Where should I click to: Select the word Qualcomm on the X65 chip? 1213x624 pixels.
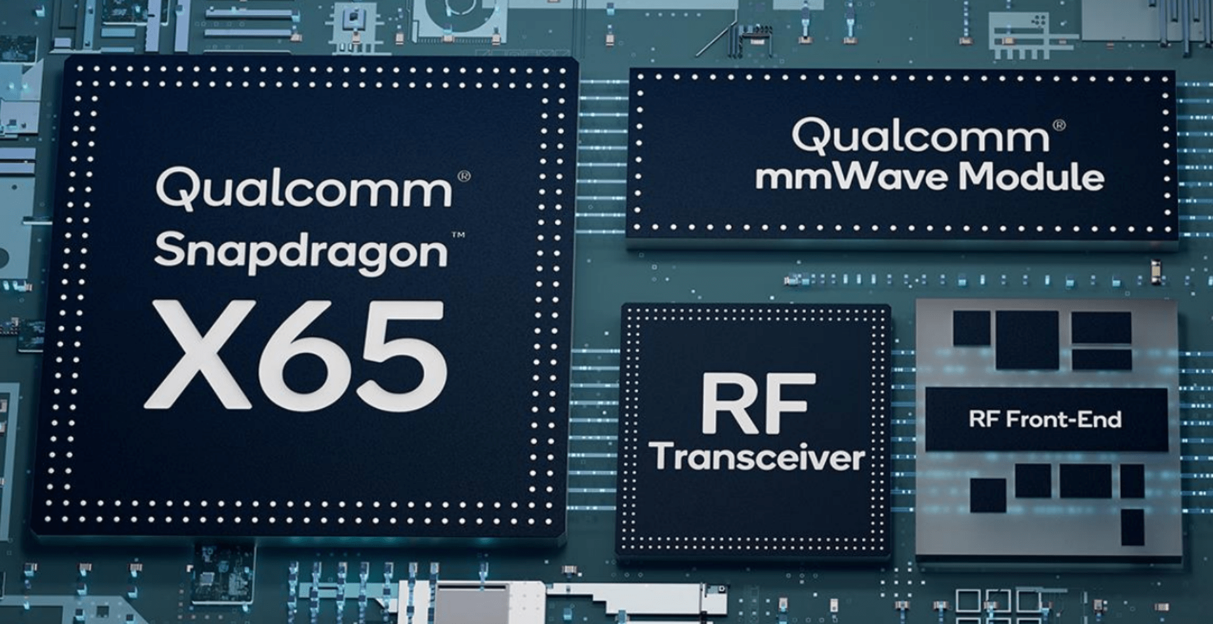[304, 189]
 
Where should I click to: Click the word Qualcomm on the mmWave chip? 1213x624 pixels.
[921, 136]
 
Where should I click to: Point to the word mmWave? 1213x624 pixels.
[852, 176]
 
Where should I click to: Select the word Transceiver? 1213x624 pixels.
[757, 457]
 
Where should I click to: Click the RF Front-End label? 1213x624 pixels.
[1045, 419]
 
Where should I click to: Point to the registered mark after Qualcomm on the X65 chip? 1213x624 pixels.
[464, 176]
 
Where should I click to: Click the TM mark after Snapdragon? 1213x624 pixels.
[458, 235]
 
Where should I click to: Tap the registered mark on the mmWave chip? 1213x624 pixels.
[1059, 125]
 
